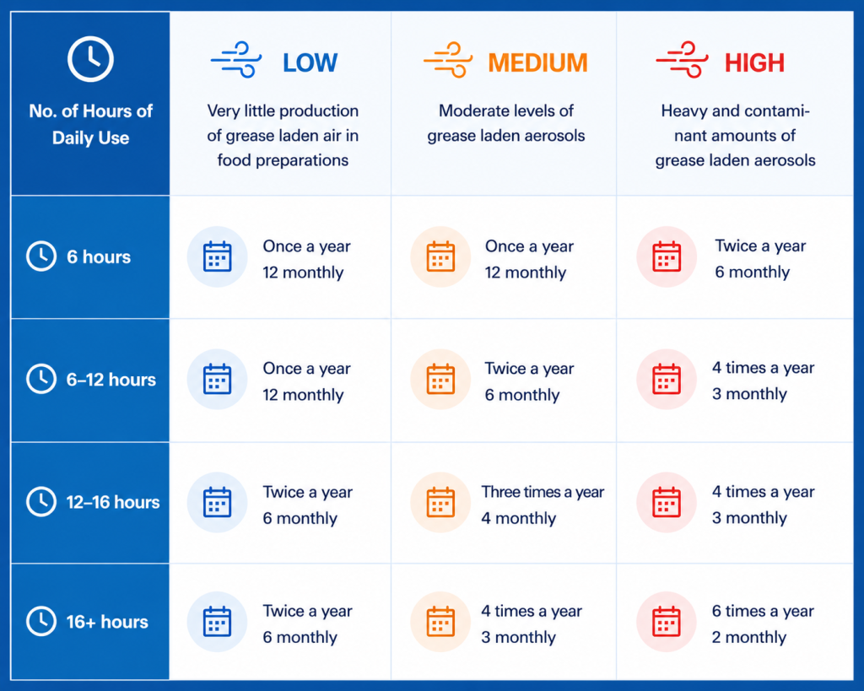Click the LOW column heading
310,62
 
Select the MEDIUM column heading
537,62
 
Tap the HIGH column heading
754,62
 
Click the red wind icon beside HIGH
682,60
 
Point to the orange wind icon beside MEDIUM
449,60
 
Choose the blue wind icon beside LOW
236,60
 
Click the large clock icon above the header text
90,59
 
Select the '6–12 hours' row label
111,380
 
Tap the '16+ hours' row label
107,622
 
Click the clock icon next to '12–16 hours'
41,501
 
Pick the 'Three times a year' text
543,492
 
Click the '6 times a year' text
763,611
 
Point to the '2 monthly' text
749,637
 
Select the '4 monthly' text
519,518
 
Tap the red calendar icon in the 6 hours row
667,256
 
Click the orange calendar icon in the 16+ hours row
440,622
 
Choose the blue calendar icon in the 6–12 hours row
217,379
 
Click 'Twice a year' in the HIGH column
760,246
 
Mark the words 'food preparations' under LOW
283,160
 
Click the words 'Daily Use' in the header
90,138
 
